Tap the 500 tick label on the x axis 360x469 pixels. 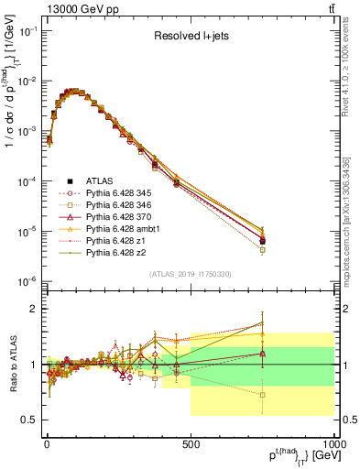[190, 442]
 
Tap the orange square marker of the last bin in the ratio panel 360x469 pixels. [263, 395]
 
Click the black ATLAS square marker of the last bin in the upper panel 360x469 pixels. [263, 241]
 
